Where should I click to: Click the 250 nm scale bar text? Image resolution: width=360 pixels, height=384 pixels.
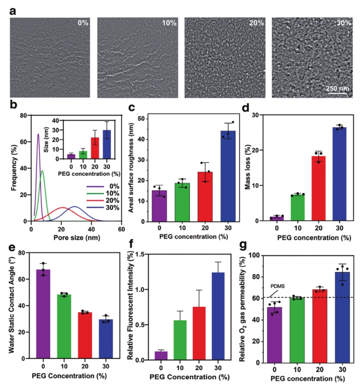point(335,88)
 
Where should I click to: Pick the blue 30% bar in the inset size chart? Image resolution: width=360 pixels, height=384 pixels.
point(107,144)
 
